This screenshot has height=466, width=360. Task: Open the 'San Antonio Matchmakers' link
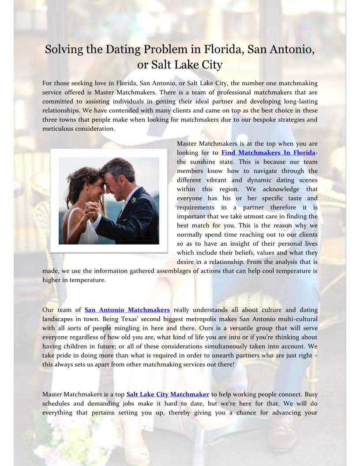127,310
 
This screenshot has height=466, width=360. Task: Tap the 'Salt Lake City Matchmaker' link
168,394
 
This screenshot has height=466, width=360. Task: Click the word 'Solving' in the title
64,49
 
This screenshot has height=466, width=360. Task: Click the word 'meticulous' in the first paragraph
58,129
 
